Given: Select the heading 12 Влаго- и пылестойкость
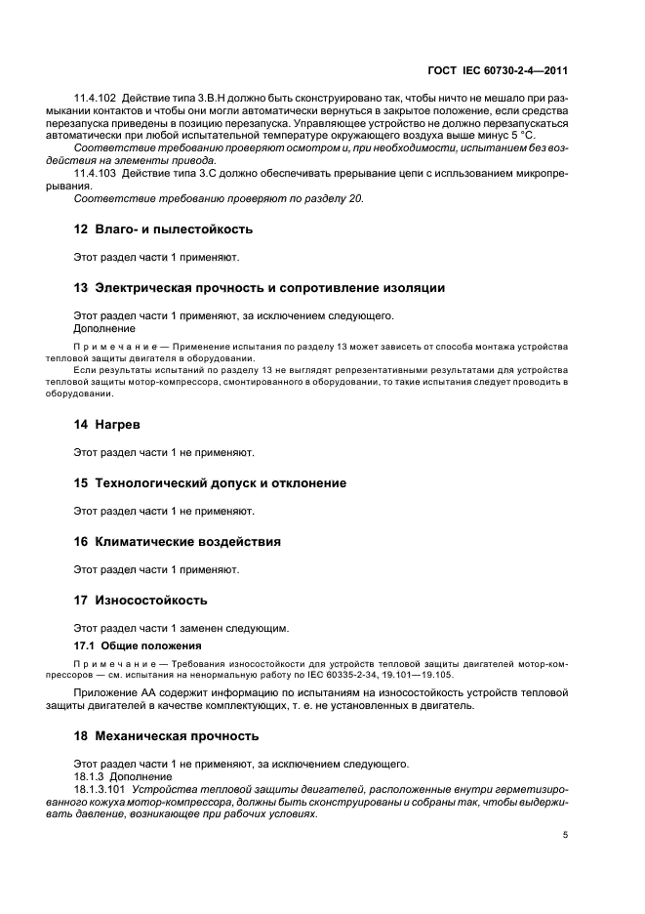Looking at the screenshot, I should pos(164,229).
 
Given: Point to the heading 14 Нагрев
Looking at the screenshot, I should pos(107,425).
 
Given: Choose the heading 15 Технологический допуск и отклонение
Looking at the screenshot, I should pos(210,483).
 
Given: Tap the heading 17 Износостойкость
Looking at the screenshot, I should pos(141,600).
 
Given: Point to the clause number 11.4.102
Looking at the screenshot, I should pos(96,99).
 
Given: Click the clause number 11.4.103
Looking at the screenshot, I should pos(96,172).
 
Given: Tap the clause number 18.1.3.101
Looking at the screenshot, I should pos(101,787).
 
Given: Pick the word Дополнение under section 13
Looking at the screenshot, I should pos(104,329).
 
